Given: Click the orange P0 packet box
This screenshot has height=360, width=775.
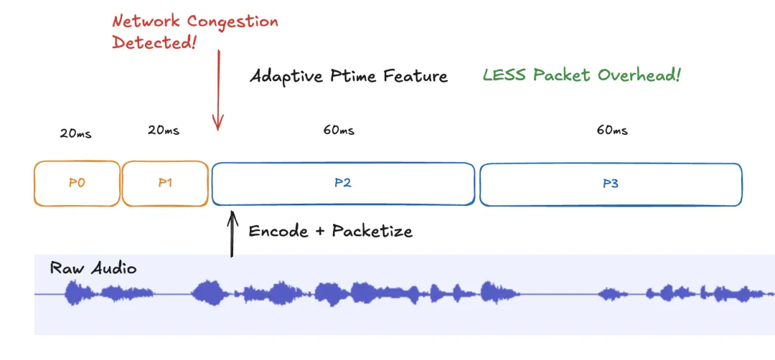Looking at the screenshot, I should click(77, 183).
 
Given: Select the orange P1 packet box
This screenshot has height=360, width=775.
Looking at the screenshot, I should click(165, 183).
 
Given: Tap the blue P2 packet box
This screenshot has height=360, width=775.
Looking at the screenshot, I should click(342, 183).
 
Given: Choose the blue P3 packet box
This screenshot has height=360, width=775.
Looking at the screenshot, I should click(610, 184).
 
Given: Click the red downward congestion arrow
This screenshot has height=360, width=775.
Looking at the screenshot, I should click(219, 93).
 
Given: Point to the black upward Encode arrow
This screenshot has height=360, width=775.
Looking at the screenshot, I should click(231, 233).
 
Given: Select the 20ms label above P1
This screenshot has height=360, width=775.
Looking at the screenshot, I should click(164, 131).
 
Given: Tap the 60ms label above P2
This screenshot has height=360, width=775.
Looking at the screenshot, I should click(338, 131).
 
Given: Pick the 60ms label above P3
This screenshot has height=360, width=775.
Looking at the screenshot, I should click(611, 131).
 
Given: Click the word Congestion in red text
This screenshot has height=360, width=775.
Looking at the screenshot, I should click(230, 22).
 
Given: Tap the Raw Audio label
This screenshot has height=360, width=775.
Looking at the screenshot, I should click(93, 268).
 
